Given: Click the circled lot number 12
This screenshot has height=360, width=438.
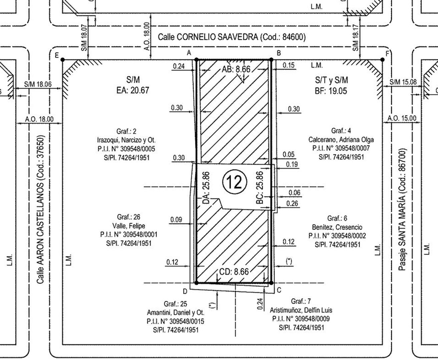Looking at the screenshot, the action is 235,182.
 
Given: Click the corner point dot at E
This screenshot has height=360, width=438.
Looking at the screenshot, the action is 63,60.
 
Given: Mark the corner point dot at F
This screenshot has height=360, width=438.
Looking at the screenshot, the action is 383,60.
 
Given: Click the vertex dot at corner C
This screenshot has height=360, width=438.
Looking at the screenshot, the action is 271,283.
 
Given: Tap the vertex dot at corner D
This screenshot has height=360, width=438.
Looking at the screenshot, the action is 196,283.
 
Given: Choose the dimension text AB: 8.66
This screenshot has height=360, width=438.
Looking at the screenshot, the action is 236,69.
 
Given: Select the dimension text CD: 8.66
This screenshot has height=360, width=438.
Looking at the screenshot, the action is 234,272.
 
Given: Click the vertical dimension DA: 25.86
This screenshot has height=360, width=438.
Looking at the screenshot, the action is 206,188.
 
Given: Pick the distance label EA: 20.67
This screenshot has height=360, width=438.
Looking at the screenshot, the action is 133,90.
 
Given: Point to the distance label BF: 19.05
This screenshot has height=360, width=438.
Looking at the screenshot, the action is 331,91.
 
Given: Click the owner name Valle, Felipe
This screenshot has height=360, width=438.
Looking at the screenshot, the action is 129,226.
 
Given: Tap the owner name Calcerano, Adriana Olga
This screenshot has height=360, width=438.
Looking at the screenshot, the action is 341,140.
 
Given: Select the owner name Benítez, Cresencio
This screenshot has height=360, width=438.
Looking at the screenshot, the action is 337,227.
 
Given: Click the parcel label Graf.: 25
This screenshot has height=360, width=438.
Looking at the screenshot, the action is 175,304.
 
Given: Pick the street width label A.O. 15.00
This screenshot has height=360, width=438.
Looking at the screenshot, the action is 402,118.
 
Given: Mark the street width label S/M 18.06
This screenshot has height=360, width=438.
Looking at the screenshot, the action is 38,84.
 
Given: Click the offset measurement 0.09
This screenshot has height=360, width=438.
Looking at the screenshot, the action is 176,219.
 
